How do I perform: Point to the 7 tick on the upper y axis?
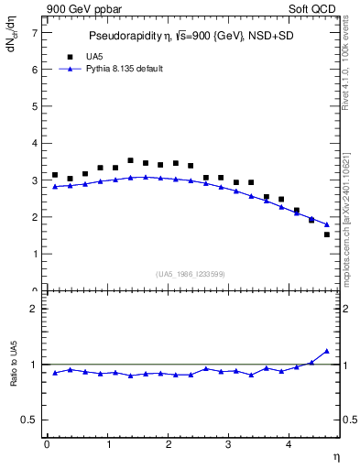[34, 32]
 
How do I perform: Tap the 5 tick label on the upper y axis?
[34, 106]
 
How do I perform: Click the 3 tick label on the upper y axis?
[34, 180]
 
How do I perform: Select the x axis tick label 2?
[168, 445]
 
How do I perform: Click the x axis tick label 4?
[289, 445]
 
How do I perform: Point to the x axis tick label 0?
[47, 445]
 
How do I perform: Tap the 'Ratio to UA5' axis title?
[13, 378]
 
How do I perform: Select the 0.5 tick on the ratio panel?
[29, 420]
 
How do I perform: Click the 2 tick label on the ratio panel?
[34, 309]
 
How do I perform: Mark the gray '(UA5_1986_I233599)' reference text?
[191, 273]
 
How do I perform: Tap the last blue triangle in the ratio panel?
[327, 351]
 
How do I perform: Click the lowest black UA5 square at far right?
[327, 234]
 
